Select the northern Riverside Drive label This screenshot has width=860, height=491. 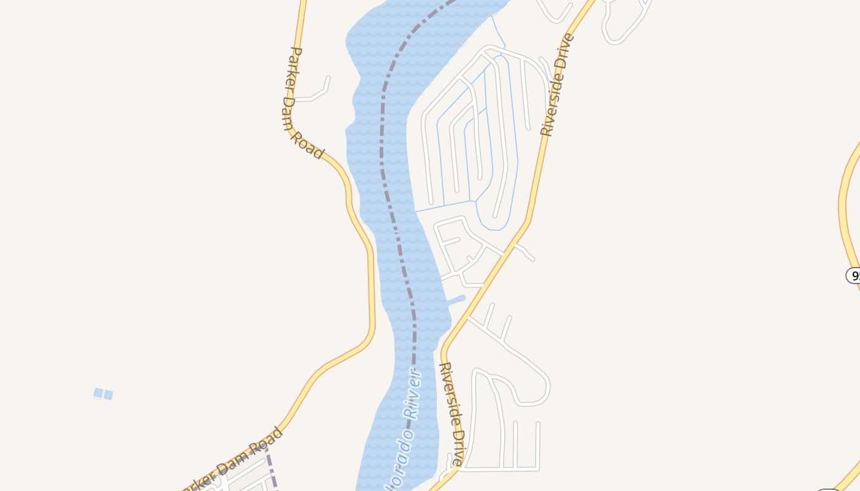coord(557,85)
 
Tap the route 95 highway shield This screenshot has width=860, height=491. coord(854,275)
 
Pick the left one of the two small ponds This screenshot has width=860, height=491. coord(98,393)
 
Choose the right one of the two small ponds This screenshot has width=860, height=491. coord(109,395)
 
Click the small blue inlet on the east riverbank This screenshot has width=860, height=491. coord(457,300)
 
